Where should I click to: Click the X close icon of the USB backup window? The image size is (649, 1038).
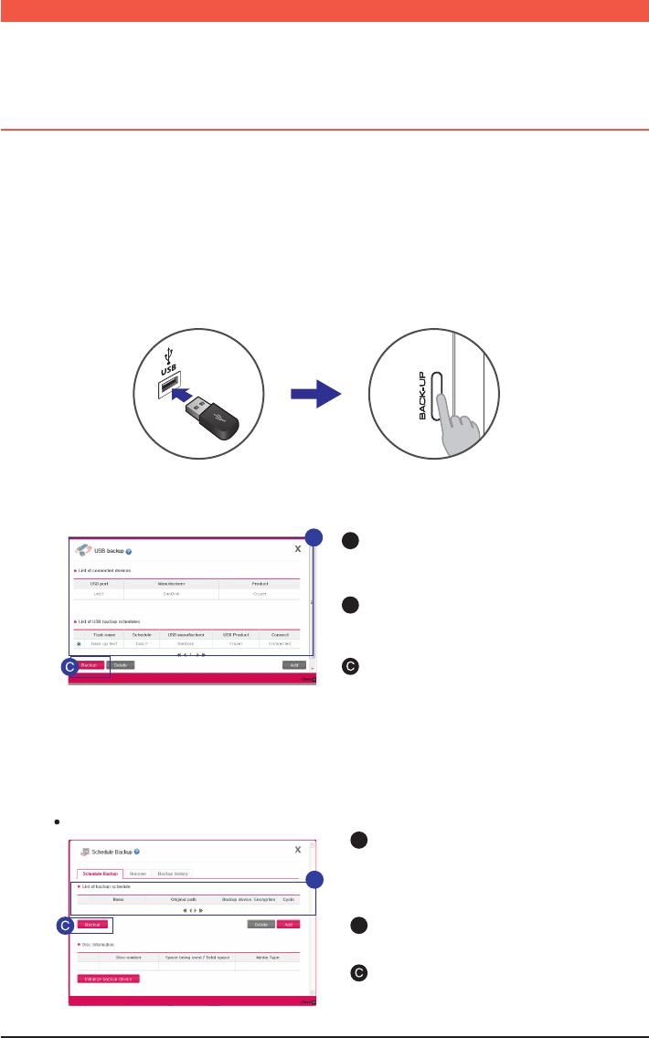297,549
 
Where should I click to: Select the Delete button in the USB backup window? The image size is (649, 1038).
120,664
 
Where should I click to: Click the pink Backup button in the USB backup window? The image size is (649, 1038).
89,664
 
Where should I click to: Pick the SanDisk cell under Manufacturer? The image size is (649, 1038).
171,593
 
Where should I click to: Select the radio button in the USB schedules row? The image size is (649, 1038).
79,644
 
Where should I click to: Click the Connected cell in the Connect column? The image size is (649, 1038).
280,644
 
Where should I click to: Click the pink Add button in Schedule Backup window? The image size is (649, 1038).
288,924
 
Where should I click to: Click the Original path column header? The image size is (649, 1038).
183,900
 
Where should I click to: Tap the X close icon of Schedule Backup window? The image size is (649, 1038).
297,850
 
